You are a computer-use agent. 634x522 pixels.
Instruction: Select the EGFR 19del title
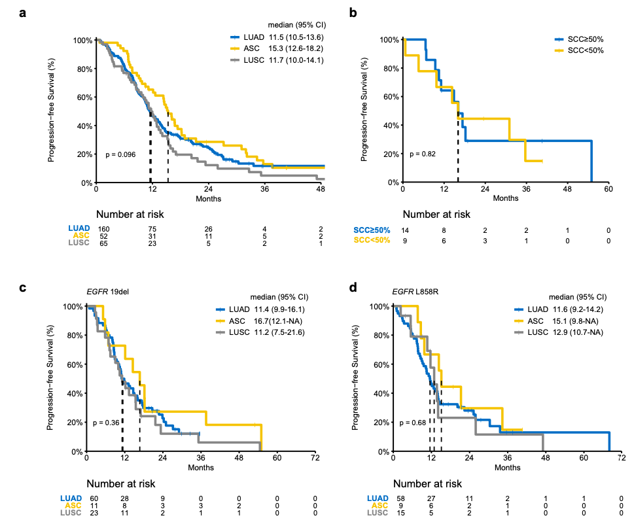pyautogui.click(x=108, y=292)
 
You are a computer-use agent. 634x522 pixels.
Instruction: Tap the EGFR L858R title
pyautogui.click(x=416, y=292)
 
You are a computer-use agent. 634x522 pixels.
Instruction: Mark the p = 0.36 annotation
pyautogui.click(x=107, y=423)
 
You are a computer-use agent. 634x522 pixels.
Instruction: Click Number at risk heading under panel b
pyautogui.click(x=436, y=214)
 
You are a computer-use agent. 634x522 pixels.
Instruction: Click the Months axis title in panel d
pyautogui.click(x=507, y=468)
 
